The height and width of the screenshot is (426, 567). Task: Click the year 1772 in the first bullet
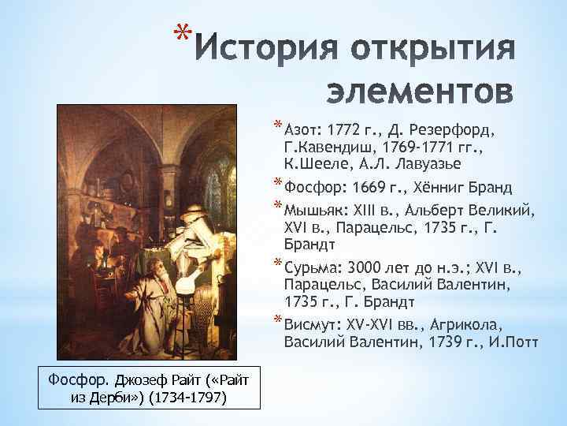tap(345, 129)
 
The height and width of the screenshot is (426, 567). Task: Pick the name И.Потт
tap(506, 342)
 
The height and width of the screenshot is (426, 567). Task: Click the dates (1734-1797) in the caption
tap(187, 396)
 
